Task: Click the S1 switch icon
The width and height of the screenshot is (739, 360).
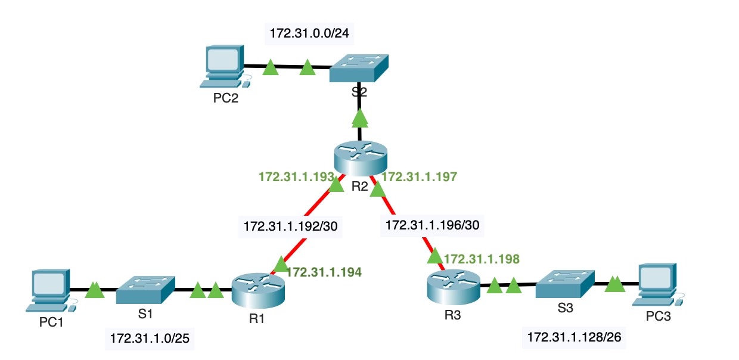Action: [145, 290]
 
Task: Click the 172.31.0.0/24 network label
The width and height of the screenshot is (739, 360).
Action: [309, 34]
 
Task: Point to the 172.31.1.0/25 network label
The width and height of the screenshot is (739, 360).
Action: [152, 339]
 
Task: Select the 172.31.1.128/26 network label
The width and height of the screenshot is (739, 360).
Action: [575, 337]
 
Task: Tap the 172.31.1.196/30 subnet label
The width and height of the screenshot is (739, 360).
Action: [433, 225]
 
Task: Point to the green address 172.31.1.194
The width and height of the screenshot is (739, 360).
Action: [324, 272]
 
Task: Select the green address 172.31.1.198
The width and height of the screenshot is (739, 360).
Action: [482, 259]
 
